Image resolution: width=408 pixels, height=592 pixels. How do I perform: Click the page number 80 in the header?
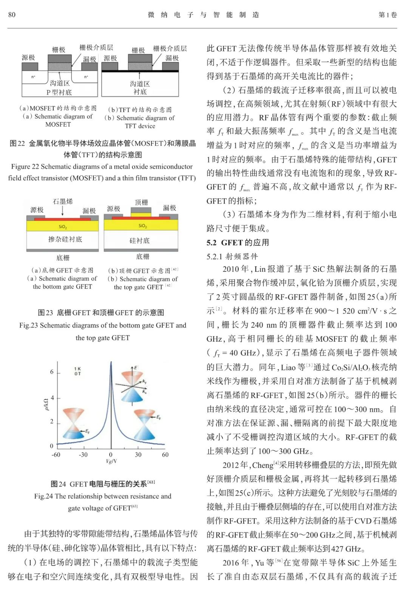[x=12, y=15]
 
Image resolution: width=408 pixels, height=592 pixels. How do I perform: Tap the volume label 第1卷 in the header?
[x=388, y=15]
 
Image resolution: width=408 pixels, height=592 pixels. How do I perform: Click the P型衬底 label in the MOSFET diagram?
[x=59, y=92]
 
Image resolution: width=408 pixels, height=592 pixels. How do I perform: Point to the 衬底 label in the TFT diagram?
[x=140, y=92]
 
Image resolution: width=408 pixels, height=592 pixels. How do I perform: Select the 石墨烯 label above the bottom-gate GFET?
[x=63, y=201]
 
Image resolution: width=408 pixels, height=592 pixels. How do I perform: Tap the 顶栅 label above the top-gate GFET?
[x=141, y=202]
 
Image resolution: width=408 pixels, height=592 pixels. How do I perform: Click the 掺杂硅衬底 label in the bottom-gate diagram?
[x=65, y=239]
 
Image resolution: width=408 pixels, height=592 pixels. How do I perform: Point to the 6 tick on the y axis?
[x=52, y=372]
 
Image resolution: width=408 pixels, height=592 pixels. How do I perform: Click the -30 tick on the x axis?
[x=83, y=455]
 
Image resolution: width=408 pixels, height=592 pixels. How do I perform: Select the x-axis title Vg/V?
[x=111, y=461]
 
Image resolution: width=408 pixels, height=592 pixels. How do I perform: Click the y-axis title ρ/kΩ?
[x=45, y=404]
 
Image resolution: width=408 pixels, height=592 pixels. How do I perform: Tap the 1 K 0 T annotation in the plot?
[x=77, y=371]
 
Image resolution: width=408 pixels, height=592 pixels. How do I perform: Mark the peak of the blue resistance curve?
[x=111, y=363]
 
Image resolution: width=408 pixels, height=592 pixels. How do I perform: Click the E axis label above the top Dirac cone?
[x=135, y=367]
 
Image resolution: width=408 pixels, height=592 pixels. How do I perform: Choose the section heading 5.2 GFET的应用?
[x=238, y=243]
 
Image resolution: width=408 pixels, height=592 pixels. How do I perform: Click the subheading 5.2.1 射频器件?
[x=232, y=257]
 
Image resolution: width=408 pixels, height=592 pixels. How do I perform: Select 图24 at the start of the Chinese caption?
[x=59, y=484]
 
